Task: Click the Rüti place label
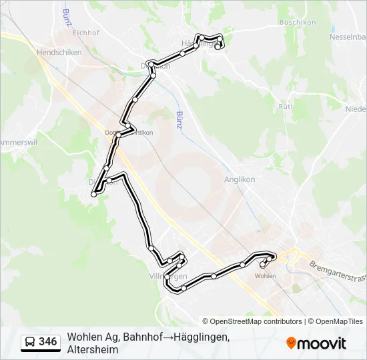(286, 107)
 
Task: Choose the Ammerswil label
(15, 143)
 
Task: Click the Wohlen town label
(266, 275)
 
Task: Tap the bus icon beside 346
(30, 342)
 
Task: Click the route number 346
(48, 342)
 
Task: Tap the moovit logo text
(322, 343)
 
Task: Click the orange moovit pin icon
(291, 343)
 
